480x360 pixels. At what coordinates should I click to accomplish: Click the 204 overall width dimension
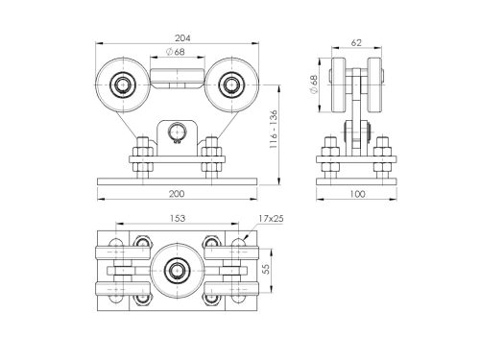182,38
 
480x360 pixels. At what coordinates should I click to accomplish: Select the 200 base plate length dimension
177,194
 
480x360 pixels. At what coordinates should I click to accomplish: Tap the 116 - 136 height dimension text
274,130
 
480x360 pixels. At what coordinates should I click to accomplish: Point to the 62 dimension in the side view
356,42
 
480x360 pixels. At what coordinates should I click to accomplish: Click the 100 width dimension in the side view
357,194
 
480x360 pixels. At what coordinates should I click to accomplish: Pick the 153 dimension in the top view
178,218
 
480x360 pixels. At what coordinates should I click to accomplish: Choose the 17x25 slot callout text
271,219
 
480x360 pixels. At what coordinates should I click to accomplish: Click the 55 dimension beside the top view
266,269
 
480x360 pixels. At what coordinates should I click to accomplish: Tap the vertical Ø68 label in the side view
314,84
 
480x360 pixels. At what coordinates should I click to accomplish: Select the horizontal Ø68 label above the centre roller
176,51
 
